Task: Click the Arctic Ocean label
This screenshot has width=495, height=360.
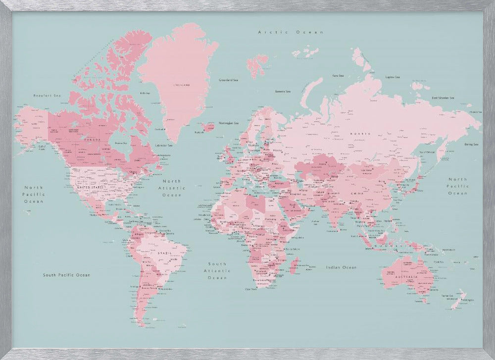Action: click(x=291, y=32)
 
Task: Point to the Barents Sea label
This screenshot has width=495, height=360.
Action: click(x=283, y=91)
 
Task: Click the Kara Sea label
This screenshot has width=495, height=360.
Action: click(x=338, y=76)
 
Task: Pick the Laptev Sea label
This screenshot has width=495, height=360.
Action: click(x=393, y=77)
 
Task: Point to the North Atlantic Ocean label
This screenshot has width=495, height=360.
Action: click(x=172, y=188)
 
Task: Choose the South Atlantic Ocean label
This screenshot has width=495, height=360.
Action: click(x=217, y=271)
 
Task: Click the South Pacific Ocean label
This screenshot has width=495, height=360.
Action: click(x=66, y=274)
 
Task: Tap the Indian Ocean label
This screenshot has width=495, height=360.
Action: click(x=341, y=267)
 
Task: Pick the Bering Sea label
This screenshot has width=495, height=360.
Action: click(x=471, y=145)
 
